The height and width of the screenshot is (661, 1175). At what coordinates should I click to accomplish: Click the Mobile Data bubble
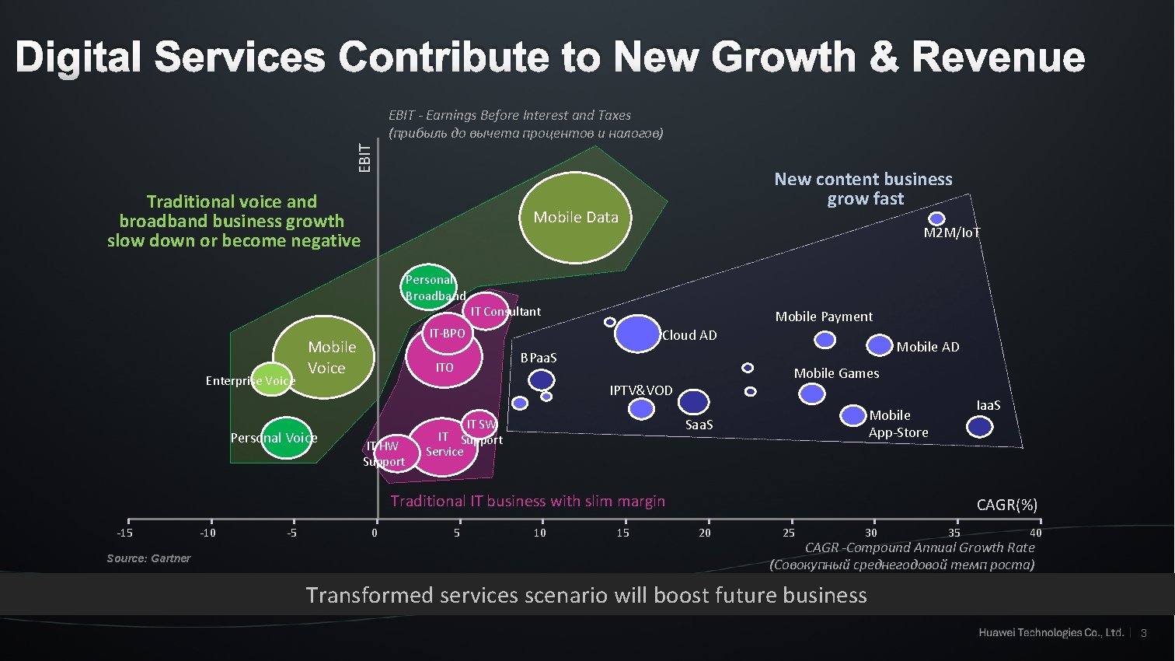[x=575, y=217]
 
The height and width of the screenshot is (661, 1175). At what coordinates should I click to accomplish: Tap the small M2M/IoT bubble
[x=936, y=219]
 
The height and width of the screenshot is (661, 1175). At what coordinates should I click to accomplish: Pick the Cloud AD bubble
[x=637, y=334]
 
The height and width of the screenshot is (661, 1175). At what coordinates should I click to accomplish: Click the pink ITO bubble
[x=445, y=358]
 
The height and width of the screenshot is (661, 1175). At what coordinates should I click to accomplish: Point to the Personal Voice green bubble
[x=286, y=438]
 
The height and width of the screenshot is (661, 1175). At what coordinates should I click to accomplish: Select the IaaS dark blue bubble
[x=979, y=426]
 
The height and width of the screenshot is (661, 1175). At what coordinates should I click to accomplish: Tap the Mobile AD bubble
[x=879, y=344]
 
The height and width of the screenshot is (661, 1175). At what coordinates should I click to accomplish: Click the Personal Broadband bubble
[x=429, y=287]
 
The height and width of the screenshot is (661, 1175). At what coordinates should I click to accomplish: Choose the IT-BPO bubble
[x=448, y=334]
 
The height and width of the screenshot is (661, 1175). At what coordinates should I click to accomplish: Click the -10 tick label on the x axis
[x=208, y=533]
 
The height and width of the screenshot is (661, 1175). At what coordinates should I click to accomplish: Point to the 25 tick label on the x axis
[x=789, y=533]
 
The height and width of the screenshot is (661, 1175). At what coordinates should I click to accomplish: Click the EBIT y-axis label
[x=365, y=157]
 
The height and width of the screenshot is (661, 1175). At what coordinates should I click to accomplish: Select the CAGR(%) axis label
[x=1006, y=505]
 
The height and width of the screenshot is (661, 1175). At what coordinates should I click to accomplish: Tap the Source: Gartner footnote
[x=148, y=558]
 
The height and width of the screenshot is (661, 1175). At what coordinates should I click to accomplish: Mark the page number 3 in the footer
[x=1143, y=633]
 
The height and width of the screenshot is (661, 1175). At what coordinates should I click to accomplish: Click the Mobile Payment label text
[x=824, y=317]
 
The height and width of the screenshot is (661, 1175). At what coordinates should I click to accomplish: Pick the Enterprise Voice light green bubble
[x=271, y=379]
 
